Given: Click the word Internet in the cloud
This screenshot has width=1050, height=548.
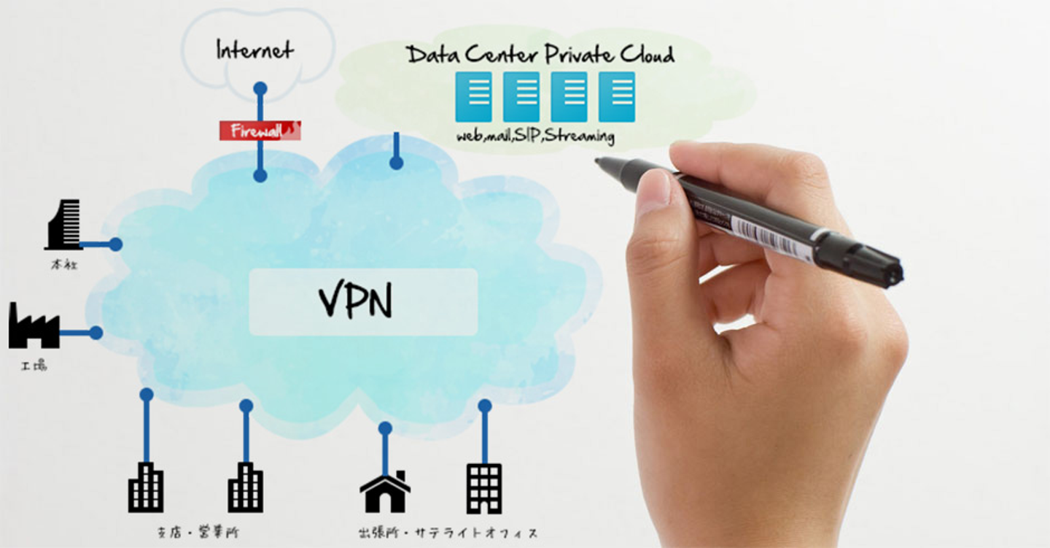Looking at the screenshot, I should [254, 50].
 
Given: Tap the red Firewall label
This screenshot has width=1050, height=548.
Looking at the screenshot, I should [260, 131].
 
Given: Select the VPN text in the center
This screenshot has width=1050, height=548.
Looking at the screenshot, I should [356, 301].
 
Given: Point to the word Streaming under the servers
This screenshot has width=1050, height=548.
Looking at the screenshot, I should [579, 136].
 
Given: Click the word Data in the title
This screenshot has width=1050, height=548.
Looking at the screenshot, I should [433, 54].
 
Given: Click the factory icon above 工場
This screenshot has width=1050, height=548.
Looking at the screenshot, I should [34, 326].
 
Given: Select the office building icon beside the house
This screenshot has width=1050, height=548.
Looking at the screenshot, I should [484, 488].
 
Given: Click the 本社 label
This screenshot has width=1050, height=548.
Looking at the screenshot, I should [64, 265].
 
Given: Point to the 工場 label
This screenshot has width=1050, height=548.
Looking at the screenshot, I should [34, 366].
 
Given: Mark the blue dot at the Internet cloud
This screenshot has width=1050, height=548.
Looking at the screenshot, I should [260, 89].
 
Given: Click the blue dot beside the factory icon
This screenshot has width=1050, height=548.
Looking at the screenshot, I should [96, 333].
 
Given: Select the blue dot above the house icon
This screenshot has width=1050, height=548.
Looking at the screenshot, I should [385, 428].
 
